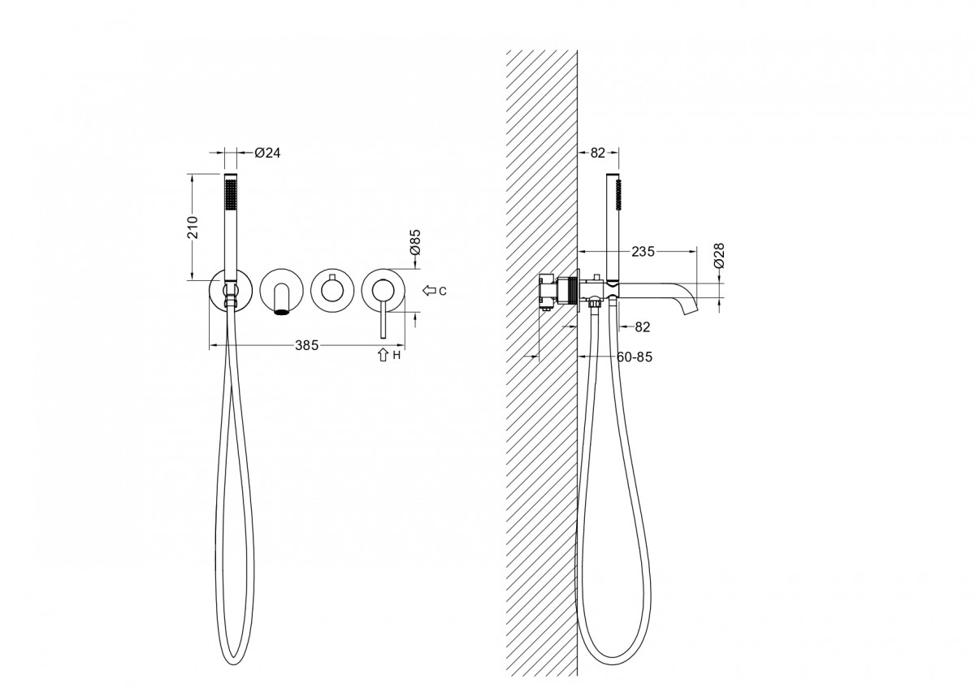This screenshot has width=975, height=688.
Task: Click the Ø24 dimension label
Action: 268,152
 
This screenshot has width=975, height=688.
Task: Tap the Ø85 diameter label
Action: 414,242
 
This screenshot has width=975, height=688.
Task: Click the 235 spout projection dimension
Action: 643,252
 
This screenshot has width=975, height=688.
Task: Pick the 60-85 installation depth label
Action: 635,357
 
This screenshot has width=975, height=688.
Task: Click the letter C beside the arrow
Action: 442,290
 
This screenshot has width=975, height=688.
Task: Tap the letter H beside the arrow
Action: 397,355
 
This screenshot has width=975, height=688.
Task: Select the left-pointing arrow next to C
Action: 428,290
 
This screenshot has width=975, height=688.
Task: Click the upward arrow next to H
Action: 383,354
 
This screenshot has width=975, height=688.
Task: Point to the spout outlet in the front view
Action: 281,309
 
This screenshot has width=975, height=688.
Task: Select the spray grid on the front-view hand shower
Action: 230,197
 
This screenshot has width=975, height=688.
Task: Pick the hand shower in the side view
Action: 615,219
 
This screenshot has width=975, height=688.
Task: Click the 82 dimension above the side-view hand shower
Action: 598,152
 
